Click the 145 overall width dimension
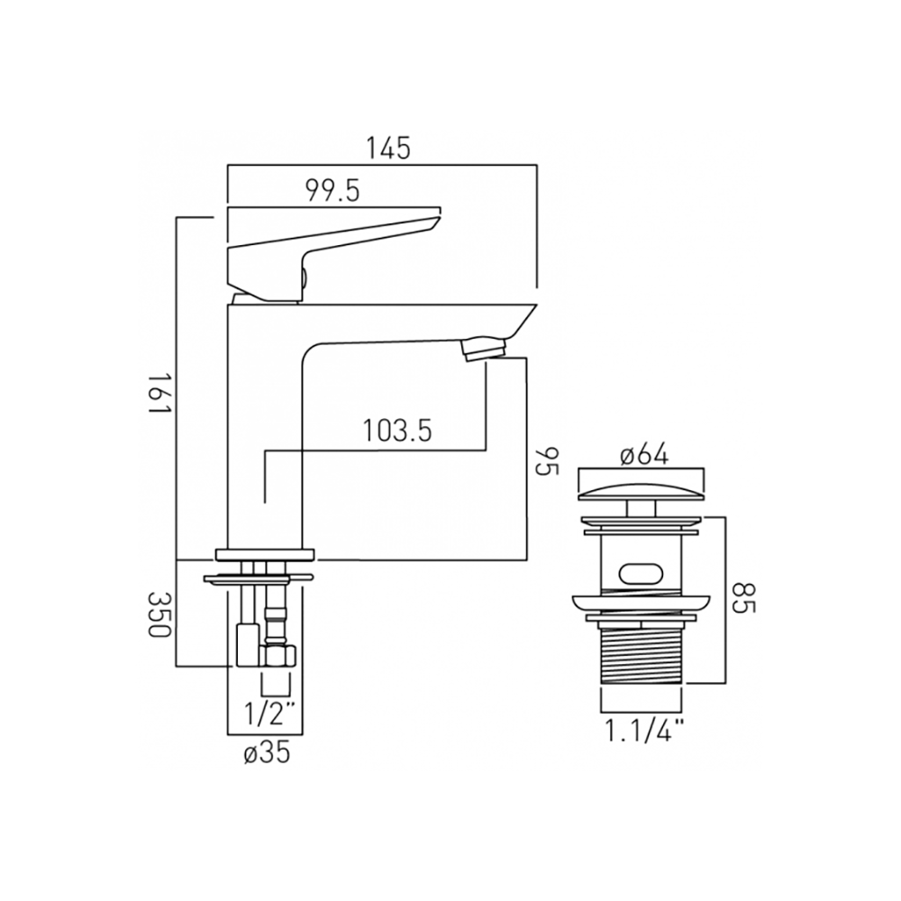[x=387, y=148]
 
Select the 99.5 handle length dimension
[x=332, y=191]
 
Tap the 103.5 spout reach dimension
[x=396, y=431]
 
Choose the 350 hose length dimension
[x=160, y=614]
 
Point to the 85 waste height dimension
[x=744, y=596]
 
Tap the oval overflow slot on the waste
[x=639, y=570]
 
